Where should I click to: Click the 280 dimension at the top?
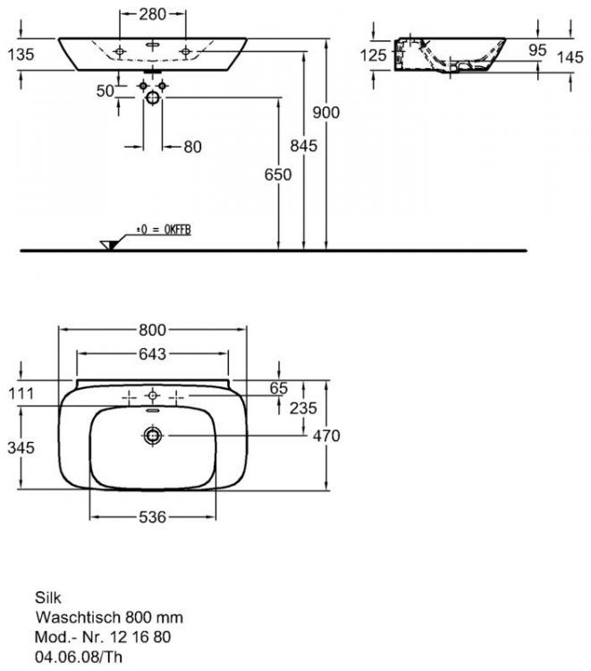point(152,14)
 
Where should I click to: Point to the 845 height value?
point(304,148)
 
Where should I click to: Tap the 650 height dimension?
point(278,175)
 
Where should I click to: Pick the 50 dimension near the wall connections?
point(105,91)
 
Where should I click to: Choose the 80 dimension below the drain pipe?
point(192,147)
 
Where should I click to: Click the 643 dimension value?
point(153,354)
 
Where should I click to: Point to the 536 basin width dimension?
point(152,517)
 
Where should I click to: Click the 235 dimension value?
point(303,407)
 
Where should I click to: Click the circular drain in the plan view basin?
point(154,436)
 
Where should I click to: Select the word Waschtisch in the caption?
point(71,616)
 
